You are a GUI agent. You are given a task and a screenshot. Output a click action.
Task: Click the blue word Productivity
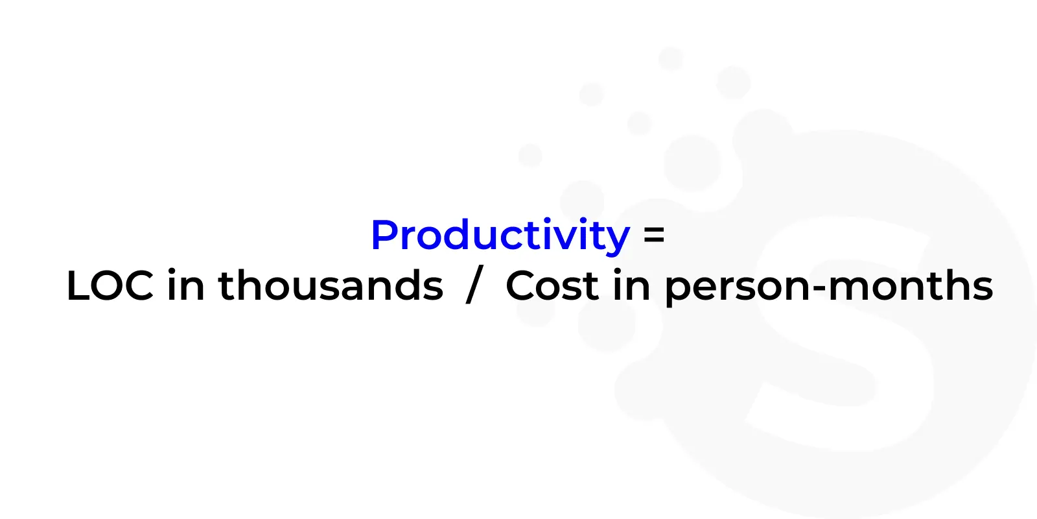[x=500, y=235]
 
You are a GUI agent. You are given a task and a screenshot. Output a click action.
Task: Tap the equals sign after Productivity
[x=654, y=235]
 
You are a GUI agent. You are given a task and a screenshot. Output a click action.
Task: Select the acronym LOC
[x=110, y=285]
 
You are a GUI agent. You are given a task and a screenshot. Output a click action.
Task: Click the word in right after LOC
[x=185, y=285]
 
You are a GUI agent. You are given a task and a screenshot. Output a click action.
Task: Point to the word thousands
[x=331, y=285]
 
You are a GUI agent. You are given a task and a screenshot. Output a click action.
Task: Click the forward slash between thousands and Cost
[x=474, y=285]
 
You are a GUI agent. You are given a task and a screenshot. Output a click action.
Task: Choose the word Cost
[x=552, y=285]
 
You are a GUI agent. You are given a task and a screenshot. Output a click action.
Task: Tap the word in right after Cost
[x=631, y=285]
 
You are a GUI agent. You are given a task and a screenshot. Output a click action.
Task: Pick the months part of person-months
[x=911, y=285]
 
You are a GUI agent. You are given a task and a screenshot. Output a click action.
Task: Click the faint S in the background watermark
[x=839, y=333]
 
